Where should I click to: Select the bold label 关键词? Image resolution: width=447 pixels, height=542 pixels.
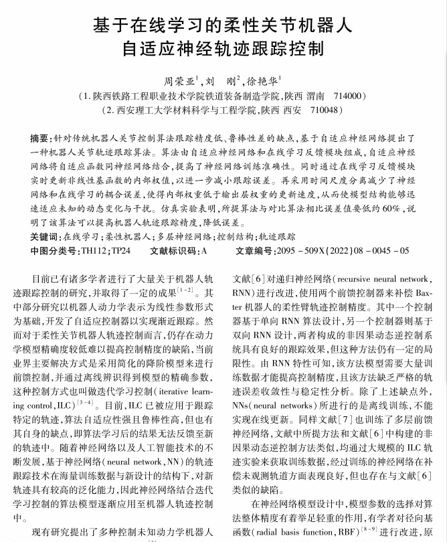tap(45, 237)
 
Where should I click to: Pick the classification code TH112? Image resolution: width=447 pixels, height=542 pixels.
tap(92, 251)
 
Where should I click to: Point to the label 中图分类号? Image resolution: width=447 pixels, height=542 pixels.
tap(55, 251)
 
